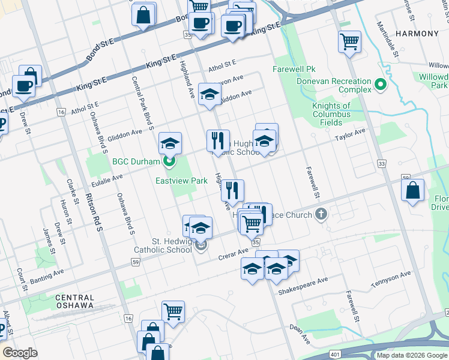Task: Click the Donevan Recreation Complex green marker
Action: [379, 85]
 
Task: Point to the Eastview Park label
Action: [181, 180]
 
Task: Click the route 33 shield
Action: [381, 163]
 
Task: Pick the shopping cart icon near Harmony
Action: [349, 41]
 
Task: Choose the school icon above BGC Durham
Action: [170, 143]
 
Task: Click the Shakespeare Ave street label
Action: [303, 286]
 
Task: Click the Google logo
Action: [20, 352]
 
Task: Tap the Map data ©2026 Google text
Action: [412, 355]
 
